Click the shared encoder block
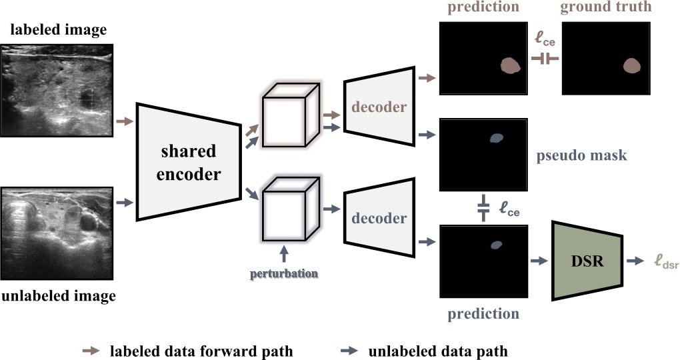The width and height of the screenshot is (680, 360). (x=188, y=161)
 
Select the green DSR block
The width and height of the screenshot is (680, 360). (x=587, y=261)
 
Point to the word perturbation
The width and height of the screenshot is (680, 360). (x=284, y=273)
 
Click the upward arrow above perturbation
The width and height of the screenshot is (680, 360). (x=285, y=253)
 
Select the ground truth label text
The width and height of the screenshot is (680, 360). (x=605, y=9)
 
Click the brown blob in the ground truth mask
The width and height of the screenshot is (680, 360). (x=631, y=65)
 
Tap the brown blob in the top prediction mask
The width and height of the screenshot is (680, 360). (x=509, y=65)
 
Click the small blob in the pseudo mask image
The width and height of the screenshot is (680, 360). (x=496, y=138)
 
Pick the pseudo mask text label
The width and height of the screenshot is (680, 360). (x=581, y=157)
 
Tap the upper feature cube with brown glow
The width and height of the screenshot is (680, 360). (x=287, y=118)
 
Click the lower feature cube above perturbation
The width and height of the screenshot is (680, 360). (x=287, y=208)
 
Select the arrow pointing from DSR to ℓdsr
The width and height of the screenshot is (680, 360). (x=637, y=262)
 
